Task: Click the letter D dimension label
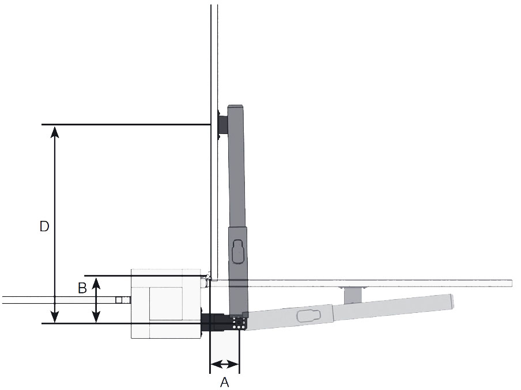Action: (x=44, y=226)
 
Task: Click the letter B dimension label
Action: (x=82, y=288)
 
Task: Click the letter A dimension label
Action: (x=225, y=383)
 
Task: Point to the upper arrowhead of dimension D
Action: (x=55, y=131)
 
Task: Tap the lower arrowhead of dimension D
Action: (x=55, y=317)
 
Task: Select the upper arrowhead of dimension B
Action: (x=96, y=283)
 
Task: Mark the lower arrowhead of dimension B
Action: (x=96, y=317)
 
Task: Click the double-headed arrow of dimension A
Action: (x=225, y=365)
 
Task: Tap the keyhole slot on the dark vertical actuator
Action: (x=237, y=251)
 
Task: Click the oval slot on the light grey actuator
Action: (x=308, y=316)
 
